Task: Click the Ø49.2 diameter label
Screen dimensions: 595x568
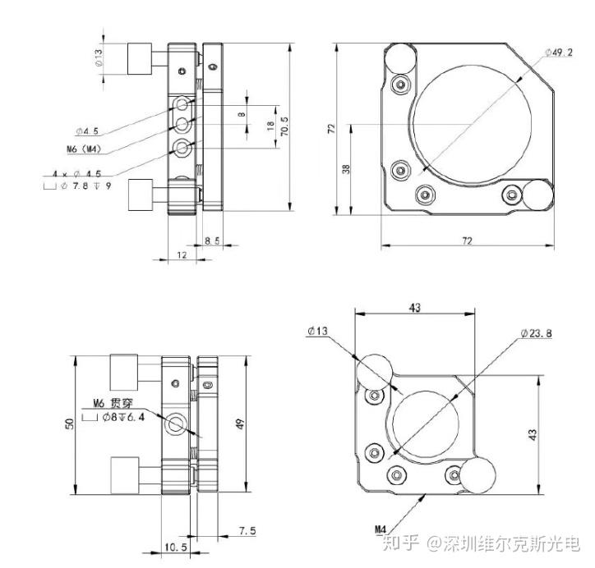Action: tap(559, 53)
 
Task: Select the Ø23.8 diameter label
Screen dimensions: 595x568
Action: tap(536, 333)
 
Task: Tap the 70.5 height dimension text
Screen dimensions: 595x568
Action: tap(284, 126)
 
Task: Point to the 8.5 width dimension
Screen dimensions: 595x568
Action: tap(212, 240)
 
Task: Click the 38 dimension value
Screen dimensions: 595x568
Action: tap(346, 169)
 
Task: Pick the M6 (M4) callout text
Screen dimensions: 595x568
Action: tap(85, 149)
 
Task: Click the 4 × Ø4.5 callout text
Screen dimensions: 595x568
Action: tap(77, 174)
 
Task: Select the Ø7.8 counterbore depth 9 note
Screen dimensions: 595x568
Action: tap(78, 186)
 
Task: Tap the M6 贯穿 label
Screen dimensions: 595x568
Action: tap(113, 403)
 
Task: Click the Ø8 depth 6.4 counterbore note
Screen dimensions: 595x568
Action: tap(113, 417)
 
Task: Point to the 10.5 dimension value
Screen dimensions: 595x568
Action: tap(176, 547)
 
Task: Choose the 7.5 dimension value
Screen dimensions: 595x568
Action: tap(247, 531)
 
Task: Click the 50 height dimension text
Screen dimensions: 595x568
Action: tap(69, 424)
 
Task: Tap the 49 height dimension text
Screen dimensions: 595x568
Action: tap(240, 424)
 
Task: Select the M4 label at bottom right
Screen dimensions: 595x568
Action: tap(381, 529)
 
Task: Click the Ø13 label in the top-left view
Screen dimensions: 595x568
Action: tap(99, 57)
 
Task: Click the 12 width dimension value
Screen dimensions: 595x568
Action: tap(182, 255)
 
